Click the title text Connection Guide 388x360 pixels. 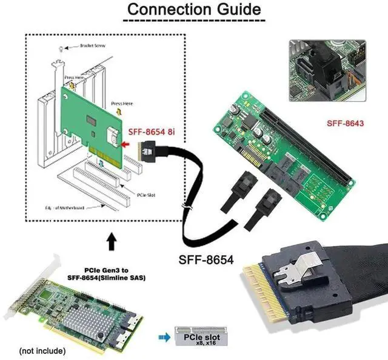(194, 10)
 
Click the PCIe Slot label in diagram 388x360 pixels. (147, 195)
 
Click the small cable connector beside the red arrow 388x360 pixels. (148, 148)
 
